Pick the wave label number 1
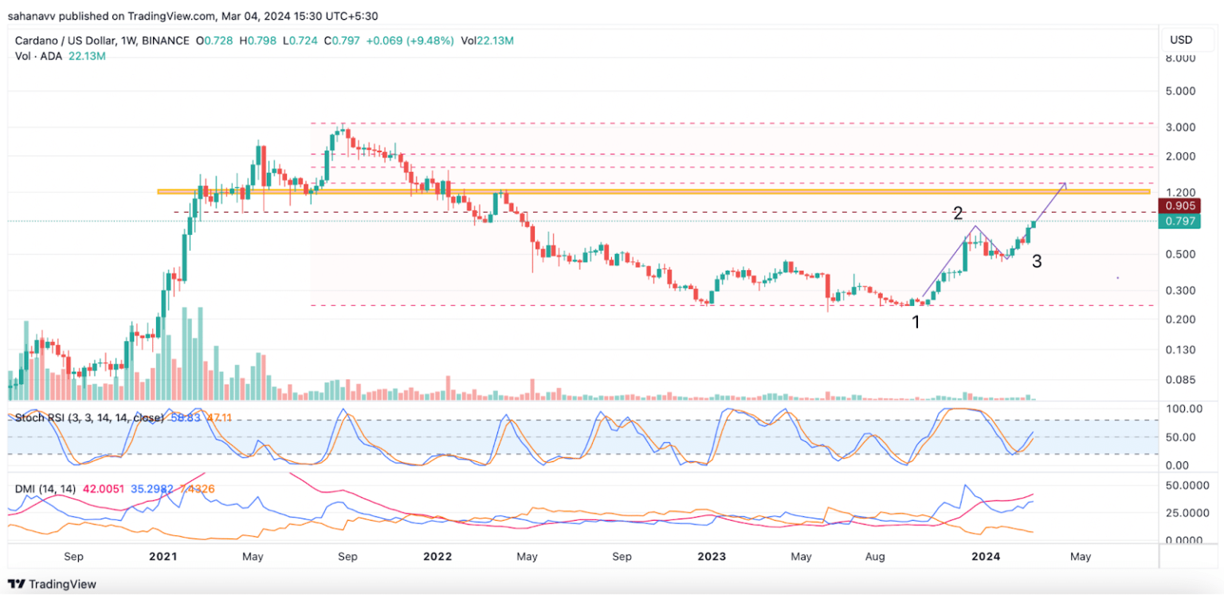pos(916,323)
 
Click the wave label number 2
pos(959,213)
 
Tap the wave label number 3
pos(1037,261)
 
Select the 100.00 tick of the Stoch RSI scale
pos(1183,409)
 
